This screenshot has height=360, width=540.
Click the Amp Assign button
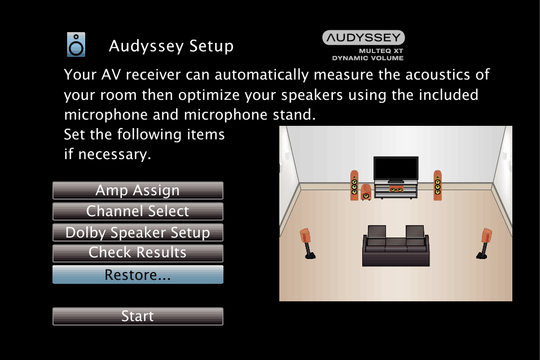click(x=138, y=191)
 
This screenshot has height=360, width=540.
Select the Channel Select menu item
click(x=138, y=212)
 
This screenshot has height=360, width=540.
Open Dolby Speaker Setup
click(x=138, y=232)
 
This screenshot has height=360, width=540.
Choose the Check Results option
click(x=138, y=253)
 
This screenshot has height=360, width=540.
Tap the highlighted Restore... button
click(x=138, y=275)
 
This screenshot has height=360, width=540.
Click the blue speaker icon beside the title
click(x=76, y=45)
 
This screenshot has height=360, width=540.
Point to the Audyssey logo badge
click(x=363, y=38)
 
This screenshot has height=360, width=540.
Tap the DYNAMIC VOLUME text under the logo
click(x=367, y=58)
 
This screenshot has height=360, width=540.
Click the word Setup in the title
click(x=213, y=46)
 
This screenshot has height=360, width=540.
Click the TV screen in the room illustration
click(x=396, y=168)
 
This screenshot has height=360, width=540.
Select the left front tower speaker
click(x=354, y=185)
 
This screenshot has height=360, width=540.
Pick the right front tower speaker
click(x=437, y=185)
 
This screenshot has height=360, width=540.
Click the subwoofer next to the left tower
click(x=366, y=193)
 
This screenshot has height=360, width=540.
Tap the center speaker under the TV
click(x=396, y=189)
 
